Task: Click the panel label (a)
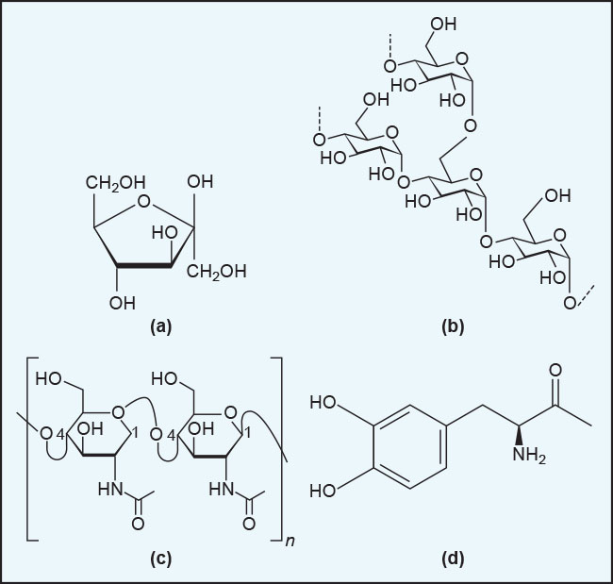pyautogui.click(x=160, y=326)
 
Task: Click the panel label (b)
pyautogui.click(x=453, y=326)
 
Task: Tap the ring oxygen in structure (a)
pyautogui.click(x=144, y=201)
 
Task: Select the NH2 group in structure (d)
pyautogui.click(x=529, y=455)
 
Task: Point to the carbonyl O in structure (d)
pyautogui.click(x=555, y=370)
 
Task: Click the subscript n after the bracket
pyautogui.click(x=290, y=541)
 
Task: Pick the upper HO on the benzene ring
pyautogui.click(x=323, y=402)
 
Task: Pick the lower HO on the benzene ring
pyautogui.click(x=323, y=491)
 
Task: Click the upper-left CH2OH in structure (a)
pyautogui.click(x=116, y=182)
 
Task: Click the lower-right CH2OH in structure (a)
pyautogui.click(x=216, y=271)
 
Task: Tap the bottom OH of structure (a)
pyautogui.click(x=123, y=303)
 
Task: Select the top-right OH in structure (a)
pyautogui.click(x=200, y=181)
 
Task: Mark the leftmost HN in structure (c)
pyautogui.click(x=110, y=489)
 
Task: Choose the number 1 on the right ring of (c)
pyautogui.click(x=247, y=433)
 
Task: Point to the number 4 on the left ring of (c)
pyautogui.click(x=59, y=433)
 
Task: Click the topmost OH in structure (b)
pyautogui.click(x=443, y=25)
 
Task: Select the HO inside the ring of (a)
pyautogui.click(x=165, y=233)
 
